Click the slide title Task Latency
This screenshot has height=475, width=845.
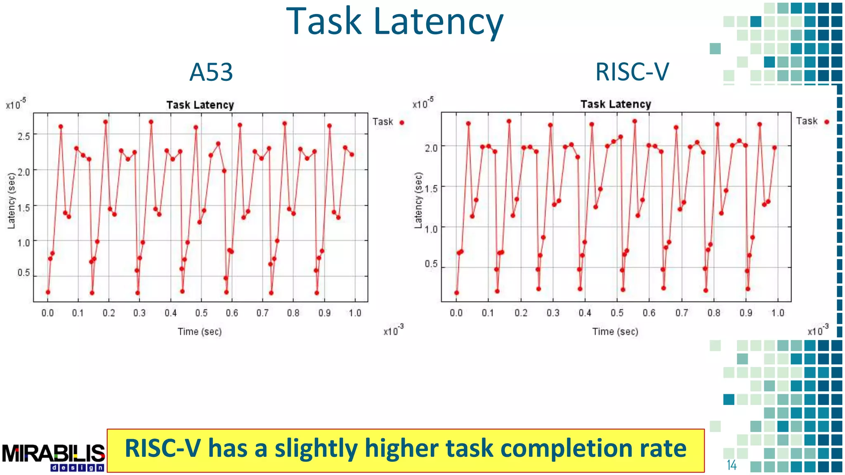click(394, 21)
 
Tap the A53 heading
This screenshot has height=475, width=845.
click(211, 72)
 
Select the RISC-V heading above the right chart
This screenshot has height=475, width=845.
click(632, 72)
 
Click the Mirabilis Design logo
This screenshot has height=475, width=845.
click(54, 457)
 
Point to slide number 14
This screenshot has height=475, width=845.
click(732, 465)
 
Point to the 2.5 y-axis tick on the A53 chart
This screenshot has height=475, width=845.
click(24, 136)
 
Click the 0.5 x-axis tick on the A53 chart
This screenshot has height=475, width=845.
click(201, 313)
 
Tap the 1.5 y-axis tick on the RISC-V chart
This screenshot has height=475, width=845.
click(431, 189)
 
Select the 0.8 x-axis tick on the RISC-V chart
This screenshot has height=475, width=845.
click(714, 313)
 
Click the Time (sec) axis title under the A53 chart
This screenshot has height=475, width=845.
click(200, 332)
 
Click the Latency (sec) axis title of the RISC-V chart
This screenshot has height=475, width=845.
click(418, 200)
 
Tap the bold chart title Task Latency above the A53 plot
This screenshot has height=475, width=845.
click(200, 105)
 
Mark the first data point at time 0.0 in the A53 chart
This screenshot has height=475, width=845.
click(48, 292)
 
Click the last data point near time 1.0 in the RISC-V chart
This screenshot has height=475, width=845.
click(774, 148)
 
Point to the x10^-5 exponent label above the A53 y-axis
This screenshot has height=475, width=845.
click(16, 104)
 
